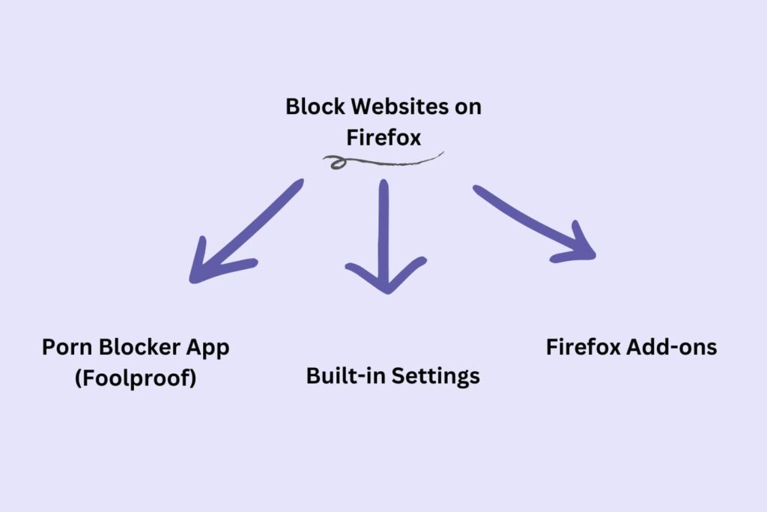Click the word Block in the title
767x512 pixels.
308,106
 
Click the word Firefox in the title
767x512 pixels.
383,138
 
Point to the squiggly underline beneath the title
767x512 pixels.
389,160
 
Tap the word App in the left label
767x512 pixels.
210,349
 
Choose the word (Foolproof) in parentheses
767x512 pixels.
136,379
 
